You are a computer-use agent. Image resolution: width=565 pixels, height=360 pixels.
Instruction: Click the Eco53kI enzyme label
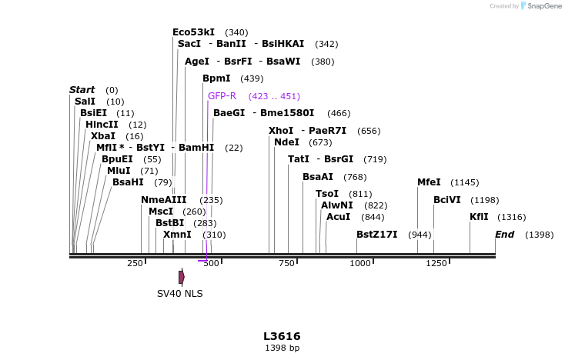(193, 32)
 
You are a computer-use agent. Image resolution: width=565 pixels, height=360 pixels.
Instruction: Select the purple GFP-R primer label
(222, 96)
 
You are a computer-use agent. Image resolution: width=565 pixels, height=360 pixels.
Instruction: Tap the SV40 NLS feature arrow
(182, 277)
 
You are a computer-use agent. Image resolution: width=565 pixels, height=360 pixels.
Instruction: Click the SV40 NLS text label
(180, 293)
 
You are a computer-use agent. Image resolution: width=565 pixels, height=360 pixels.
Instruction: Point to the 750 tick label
(286, 264)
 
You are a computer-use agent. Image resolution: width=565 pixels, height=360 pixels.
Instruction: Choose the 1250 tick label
(436, 264)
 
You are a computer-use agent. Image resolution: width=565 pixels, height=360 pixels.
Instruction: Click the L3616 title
(282, 336)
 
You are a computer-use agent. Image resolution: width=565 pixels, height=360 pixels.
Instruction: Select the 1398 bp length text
(282, 348)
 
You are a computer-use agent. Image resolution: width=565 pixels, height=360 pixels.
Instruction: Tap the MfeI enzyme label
(429, 182)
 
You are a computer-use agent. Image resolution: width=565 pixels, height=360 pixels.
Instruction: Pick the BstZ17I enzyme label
(377, 234)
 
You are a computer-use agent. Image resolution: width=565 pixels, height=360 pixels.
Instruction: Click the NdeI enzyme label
(286, 142)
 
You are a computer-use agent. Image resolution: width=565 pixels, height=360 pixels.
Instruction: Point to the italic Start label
(82, 90)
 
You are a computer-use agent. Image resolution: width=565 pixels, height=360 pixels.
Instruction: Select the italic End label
(504, 234)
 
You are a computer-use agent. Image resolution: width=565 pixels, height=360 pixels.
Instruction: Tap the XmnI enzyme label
(177, 234)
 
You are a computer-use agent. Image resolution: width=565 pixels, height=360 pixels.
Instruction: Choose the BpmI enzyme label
(216, 78)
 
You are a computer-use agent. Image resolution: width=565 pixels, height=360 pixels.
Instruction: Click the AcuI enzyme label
(338, 217)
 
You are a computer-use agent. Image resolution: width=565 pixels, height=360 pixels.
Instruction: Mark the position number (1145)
(464, 183)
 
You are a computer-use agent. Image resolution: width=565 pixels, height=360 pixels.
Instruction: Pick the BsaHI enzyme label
(128, 182)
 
